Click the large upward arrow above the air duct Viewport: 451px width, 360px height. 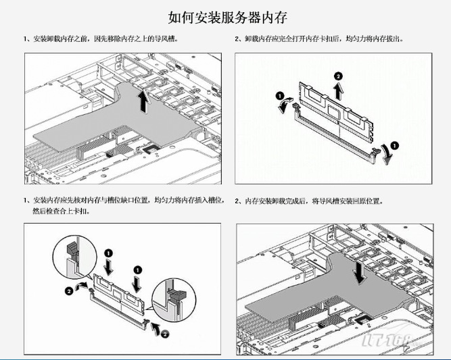[x=142, y=103]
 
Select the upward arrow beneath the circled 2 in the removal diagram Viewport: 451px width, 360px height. [x=338, y=88]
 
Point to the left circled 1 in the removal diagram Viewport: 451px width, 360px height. [x=280, y=96]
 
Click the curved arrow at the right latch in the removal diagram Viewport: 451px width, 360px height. [x=387, y=155]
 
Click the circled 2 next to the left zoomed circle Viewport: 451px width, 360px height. [x=68, y=291]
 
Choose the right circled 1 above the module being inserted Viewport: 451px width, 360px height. [x=137, y=259]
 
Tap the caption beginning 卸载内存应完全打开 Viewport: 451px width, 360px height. [x=322, y=40]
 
